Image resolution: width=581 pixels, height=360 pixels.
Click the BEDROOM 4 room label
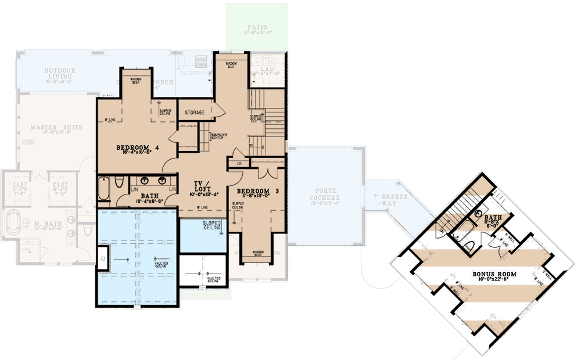click(x=138, y=147)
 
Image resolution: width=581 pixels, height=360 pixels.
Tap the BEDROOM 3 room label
click(x=254, y=191)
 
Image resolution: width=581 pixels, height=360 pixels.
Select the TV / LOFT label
click(x=206, y=186)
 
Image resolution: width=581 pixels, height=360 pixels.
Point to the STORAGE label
click(x=195, y=112)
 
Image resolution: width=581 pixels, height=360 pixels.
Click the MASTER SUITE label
click(x=56, y=127)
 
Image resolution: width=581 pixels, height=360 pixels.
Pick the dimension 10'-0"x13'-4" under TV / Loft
click(x=206, y=195)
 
